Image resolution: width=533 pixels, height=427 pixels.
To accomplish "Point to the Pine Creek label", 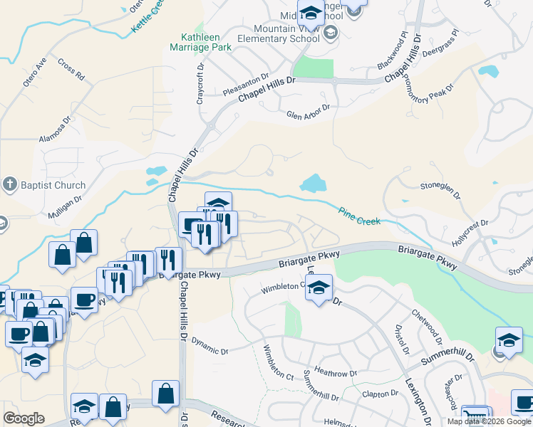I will (359, 216).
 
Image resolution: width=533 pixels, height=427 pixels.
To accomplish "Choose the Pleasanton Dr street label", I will (245, 84).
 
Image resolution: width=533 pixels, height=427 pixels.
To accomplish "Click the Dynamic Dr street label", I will (209, 351).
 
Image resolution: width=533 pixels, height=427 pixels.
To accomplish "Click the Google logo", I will (24, 418).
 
